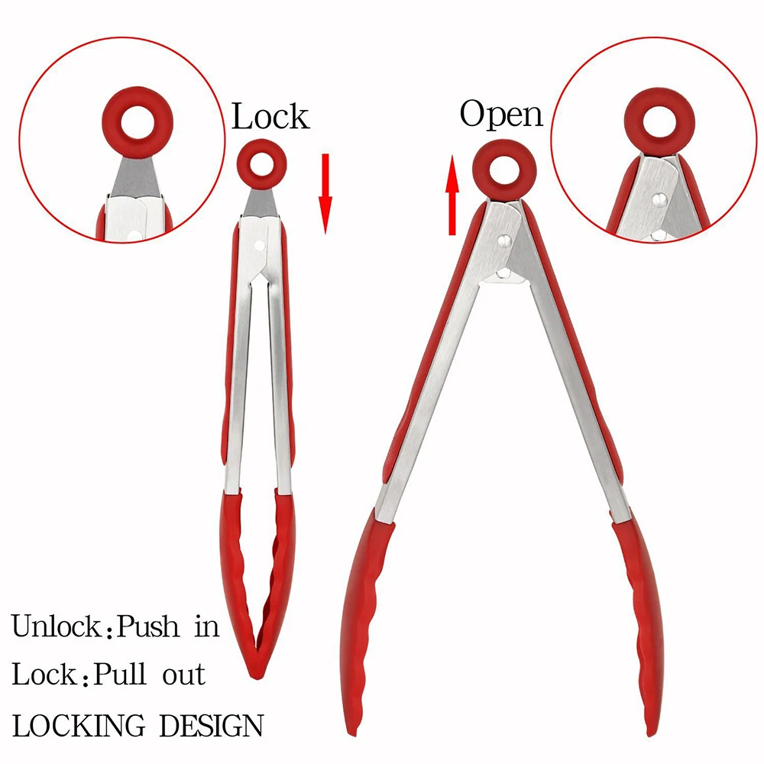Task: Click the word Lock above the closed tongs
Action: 270,117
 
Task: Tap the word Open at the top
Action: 501,115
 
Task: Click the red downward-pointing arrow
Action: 325,194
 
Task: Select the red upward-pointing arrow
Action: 453,196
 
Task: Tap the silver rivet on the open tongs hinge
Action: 503,241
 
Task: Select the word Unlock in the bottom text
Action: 57,627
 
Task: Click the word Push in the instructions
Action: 151,627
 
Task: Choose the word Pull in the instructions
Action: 125,675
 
